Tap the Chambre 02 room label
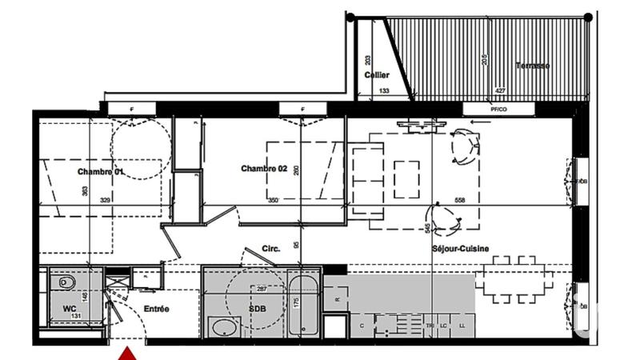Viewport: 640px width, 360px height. coord(264,168)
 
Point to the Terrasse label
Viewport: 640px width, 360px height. coord(532,66)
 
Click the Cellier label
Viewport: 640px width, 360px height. coord(377,75)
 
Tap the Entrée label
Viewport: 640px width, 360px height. coord(156,308)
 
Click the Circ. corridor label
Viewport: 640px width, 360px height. coord(270,249)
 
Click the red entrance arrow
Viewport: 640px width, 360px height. coord(128,353)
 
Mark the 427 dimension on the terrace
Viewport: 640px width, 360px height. coord(500,92)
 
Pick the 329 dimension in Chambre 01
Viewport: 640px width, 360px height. coord(105,200)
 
